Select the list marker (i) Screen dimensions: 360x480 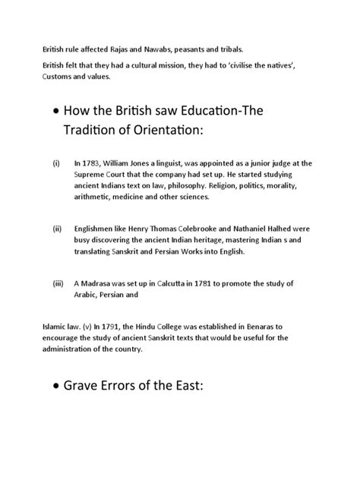click(x=55, y=163)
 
